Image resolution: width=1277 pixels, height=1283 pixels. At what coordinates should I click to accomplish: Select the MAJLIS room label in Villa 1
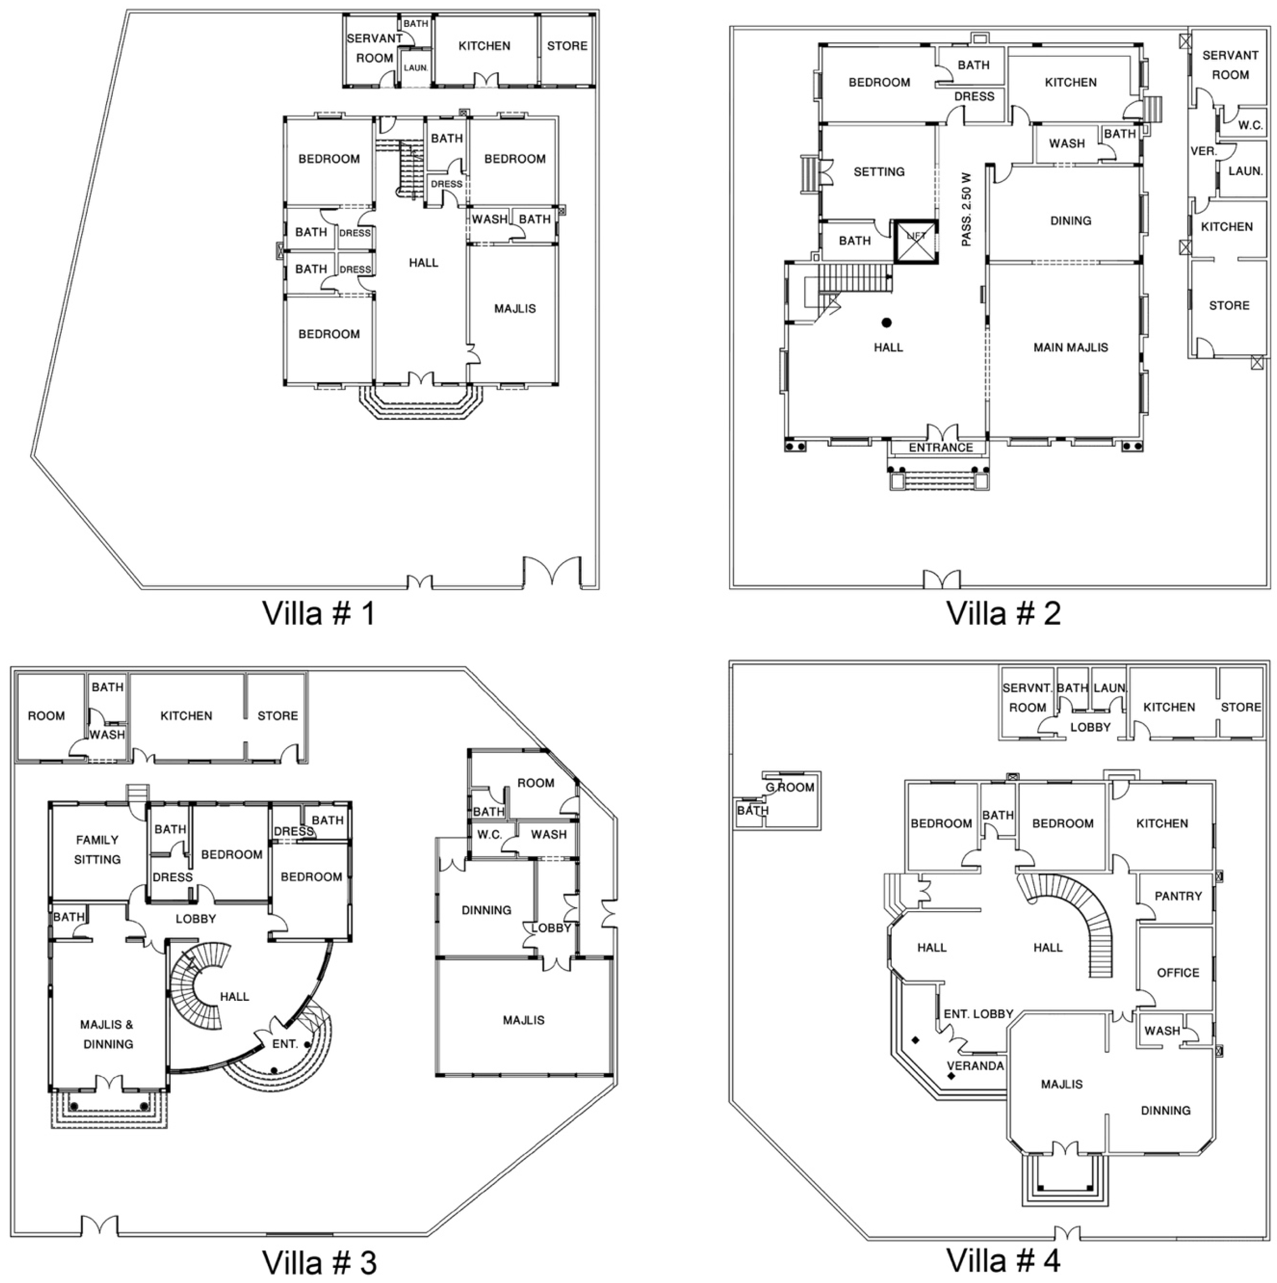(x=515, y=309)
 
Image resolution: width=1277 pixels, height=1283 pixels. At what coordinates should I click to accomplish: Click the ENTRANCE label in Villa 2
(x=940, y=448)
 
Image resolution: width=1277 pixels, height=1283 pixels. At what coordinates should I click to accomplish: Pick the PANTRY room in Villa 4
(x=1178, y=896)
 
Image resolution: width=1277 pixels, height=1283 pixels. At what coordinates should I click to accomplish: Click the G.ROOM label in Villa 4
(x=790, y=788)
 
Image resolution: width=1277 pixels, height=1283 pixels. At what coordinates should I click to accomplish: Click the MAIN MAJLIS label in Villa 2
(x=1071, y=347)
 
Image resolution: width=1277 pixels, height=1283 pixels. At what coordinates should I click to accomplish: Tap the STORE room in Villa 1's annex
(x=567, y=46)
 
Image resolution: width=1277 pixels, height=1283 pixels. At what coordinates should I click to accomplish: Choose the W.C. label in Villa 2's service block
(x=1250, y=125)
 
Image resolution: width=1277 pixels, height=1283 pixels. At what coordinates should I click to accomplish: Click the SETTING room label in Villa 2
(x=878, y=172)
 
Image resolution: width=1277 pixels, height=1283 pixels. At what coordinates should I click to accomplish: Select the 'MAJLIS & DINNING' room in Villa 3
(x=107, y=1034)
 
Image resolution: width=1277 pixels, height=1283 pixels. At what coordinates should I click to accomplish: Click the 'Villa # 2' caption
(x=1003, y=613)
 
